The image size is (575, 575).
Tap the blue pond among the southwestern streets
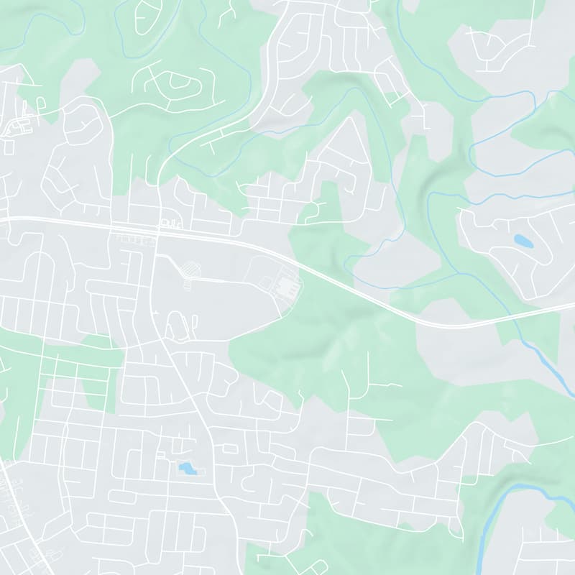tap(187, 469)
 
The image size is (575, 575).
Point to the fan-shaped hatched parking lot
tap(190, 270)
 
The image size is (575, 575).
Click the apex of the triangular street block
tap(351, 118)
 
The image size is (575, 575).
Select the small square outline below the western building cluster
tap(9, 146)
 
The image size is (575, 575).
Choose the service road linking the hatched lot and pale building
tap(230, 279)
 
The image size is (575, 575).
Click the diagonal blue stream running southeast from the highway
tap(546, 359)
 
